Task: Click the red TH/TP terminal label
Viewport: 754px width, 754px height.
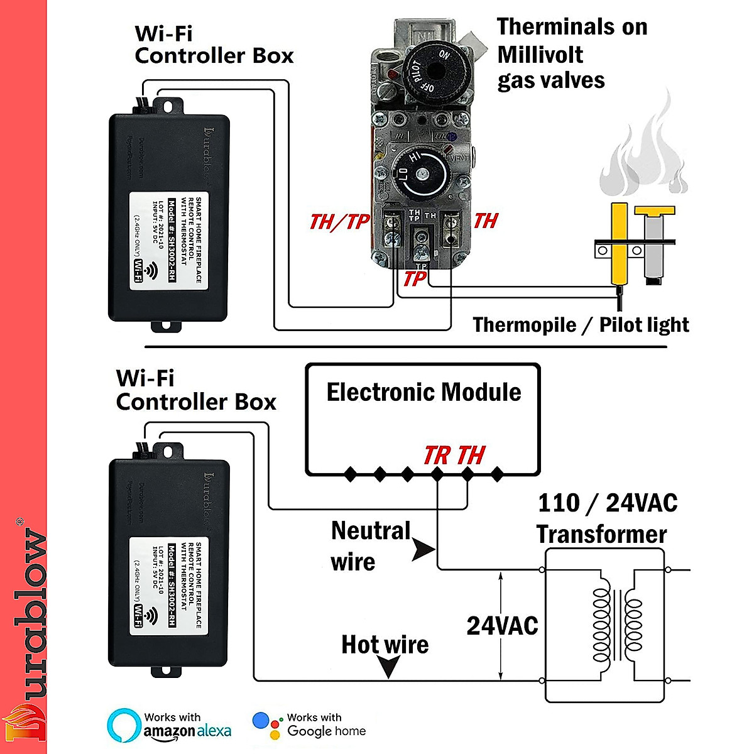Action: coord(339,222)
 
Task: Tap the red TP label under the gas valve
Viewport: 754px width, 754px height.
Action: coord(415,278)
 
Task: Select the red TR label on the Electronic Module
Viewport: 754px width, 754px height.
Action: coord(437,456)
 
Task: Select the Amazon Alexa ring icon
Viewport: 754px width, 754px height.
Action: coord(124,726)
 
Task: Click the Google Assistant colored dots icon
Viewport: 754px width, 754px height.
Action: coord(268,726)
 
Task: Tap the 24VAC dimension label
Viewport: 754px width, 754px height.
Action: coord(502,626)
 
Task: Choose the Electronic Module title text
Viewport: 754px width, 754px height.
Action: coord(423,392)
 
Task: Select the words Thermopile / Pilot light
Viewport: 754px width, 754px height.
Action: coord(581,325)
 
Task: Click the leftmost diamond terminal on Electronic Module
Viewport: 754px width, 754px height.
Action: coord(350,474)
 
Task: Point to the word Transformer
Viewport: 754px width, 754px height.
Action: coord(601,534)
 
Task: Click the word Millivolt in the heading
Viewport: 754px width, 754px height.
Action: coord(540,55)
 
